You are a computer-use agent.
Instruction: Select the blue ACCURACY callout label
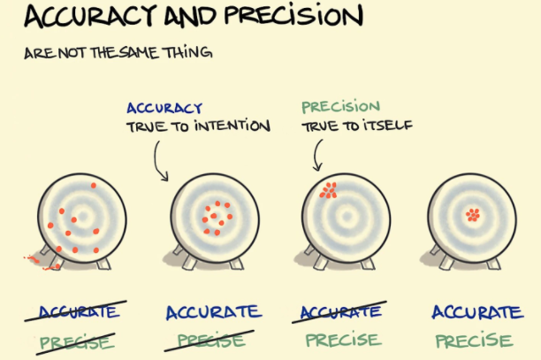[x=164, y=108]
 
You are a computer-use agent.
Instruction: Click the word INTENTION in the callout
[x=231, y=126]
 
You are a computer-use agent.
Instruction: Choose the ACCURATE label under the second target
[x=213, y=312]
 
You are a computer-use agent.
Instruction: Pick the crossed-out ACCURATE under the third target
[x=342, y=312]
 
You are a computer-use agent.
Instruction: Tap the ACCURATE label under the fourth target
[x=476, y=312]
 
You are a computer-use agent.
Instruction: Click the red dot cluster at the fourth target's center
[x=473, y=213]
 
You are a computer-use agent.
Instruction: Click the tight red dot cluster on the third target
[x=329, y=189]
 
